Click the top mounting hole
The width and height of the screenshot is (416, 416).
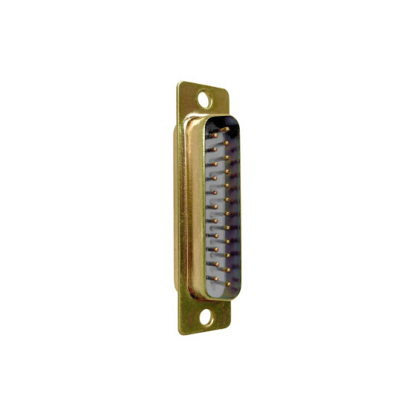pyautogui.click(x=205, y=97)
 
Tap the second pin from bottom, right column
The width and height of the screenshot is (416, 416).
pyautogui.click(x=228, y=268)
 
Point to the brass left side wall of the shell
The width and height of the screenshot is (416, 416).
pyautogui.click(x=195, y=208)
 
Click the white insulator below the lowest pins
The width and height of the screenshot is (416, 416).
pyautogui.click(x=223, y=290)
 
